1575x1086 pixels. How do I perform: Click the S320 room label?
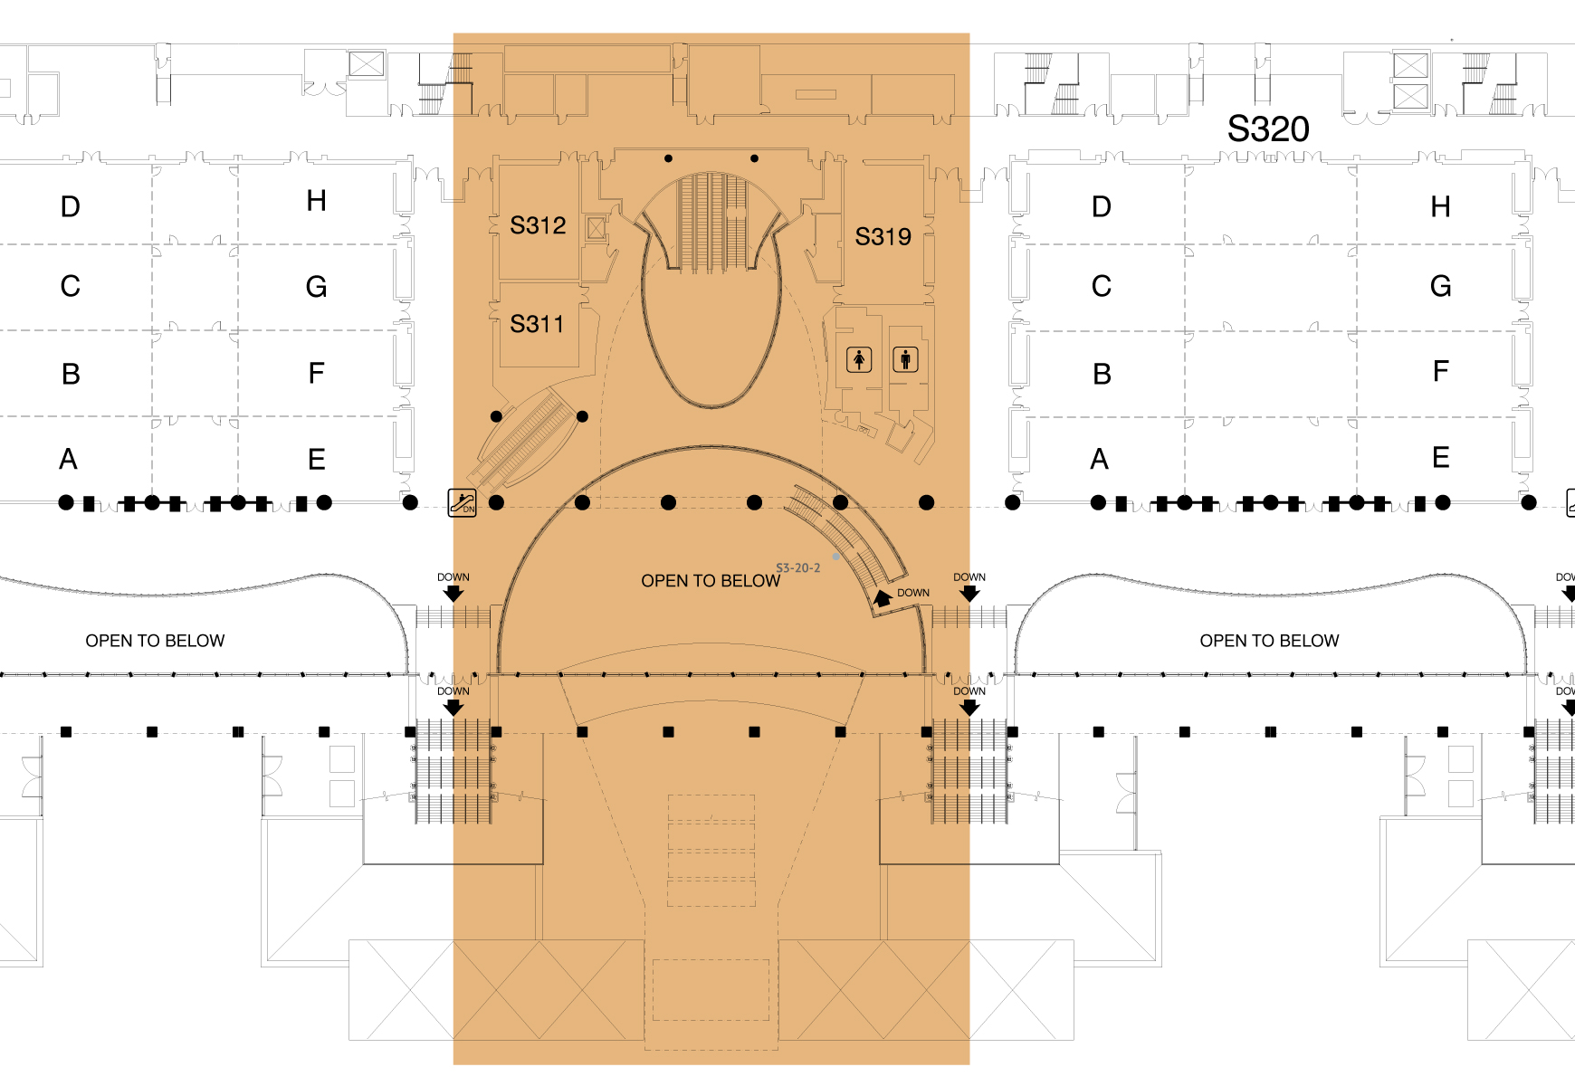(1268, 129)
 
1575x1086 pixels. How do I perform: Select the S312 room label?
(538, 225)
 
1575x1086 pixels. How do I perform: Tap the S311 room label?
(537, 324)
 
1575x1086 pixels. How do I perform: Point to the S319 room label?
(883, 237)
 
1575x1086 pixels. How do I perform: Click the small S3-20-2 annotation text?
(797, 568)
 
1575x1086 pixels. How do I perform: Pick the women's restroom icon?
(859, 360)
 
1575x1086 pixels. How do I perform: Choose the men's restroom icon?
(905, 360)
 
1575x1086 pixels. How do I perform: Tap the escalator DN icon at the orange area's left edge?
(463, 502)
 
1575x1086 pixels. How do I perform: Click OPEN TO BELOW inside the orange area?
(711, 581)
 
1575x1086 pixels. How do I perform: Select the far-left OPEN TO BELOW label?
(155, 641)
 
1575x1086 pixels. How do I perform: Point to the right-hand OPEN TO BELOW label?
(1269, 641)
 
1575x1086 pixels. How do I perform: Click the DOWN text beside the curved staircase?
(913, 593)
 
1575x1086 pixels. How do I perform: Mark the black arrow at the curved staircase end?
(883, 598)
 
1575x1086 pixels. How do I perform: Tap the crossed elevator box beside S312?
(596, 228)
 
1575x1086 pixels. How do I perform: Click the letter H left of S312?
(316, 201)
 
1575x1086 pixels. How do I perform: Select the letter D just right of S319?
(1101, 207)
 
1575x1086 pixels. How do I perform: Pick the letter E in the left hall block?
(316, 460)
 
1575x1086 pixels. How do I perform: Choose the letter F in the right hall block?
(1440, 372)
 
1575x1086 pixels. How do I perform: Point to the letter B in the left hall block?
(71, 374)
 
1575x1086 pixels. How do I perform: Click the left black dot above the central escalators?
(668, 158)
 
